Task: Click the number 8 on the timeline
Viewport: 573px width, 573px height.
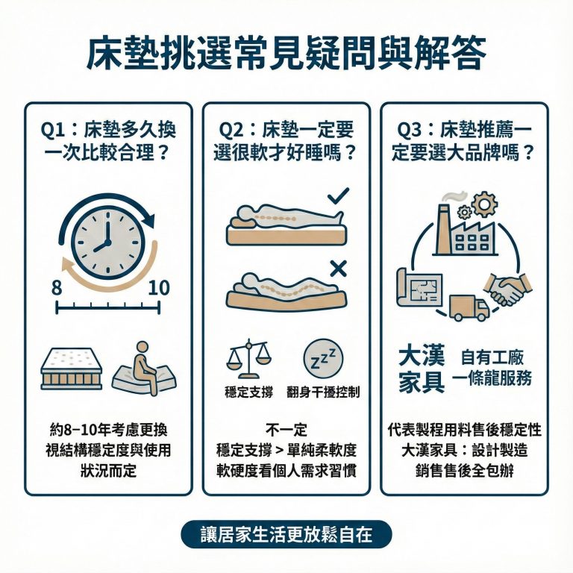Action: [57, 288]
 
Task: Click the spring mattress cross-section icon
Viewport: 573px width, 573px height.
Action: [71, 369]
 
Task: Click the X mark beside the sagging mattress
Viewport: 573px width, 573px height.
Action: [337, 269]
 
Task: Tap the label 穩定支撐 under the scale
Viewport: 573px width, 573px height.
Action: [248, 392]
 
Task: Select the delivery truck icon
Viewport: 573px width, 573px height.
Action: [469, 307]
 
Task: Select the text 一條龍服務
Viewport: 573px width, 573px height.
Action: [497, 378]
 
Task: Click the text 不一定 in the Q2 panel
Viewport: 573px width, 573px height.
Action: [286, 430]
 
